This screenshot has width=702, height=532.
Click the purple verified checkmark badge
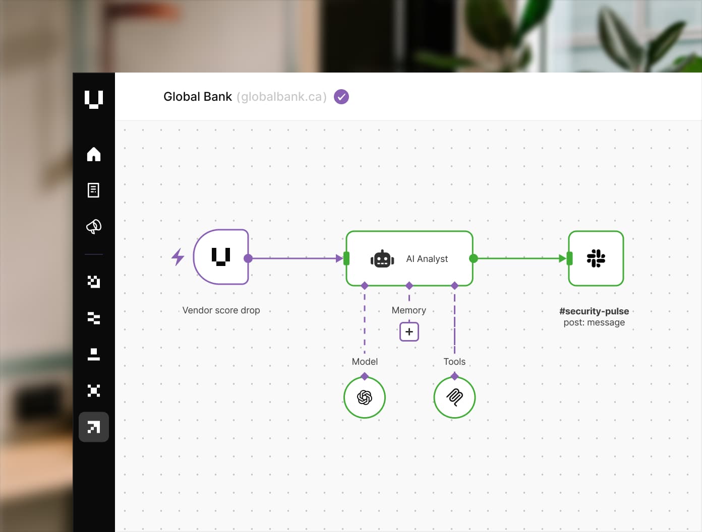click(x=341, y=97)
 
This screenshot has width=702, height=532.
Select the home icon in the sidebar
click(x=94, y=154)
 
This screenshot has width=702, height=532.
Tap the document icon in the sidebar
click(x=94, y=190)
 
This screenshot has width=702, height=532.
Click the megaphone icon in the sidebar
click(x=94, y=227)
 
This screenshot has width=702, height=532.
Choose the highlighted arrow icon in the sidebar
click(x=94, y=427)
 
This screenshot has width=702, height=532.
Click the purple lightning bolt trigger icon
click(x=178, y=257)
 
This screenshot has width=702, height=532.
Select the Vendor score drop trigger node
click(x=221, y=257)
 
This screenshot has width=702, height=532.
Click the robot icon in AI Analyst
click(x=382, y=259)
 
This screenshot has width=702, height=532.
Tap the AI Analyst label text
click(x=427, y=259)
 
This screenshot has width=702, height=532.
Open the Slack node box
click(x=596, y=258)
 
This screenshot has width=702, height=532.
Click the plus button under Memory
click(x=409, y=332)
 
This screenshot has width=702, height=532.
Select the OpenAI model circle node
click(x=365, y=397)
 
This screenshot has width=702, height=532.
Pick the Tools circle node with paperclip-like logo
click(x=454, y=397)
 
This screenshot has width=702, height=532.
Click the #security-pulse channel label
click(x=594, y=311)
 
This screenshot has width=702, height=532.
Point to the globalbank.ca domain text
click(x=281, y=97)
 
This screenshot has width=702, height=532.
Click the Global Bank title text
click(x=198, y=97)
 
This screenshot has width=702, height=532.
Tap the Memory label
click(x=409, y=310)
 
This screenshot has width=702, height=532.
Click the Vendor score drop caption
click(x=221, y=310)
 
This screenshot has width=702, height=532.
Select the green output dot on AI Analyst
click(x=473, y=258)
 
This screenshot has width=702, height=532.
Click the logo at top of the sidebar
click(x=94, y=99)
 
